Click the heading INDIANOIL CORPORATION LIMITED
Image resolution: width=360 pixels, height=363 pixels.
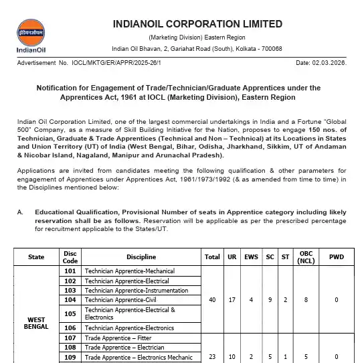[x=197, y=24]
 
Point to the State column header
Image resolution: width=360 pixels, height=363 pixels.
[x=36, y=257]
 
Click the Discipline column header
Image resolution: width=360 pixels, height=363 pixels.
[x=141, y=257]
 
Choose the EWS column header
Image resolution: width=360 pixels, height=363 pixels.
[x=251, y=257]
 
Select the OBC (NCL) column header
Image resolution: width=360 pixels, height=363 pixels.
[x=306, y=257]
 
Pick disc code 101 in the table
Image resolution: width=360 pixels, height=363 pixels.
[x=70, y=271]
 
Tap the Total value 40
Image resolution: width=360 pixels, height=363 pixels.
[x=212, y=299]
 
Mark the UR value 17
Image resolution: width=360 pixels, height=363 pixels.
[x=232, y=299]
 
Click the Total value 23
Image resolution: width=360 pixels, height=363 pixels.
[x=212, y=357]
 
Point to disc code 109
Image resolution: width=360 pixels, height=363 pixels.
[x=70, y=357]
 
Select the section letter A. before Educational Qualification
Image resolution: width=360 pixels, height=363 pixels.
[x=21, y=212]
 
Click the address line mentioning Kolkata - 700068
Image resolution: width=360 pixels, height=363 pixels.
[x=197, y=48]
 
